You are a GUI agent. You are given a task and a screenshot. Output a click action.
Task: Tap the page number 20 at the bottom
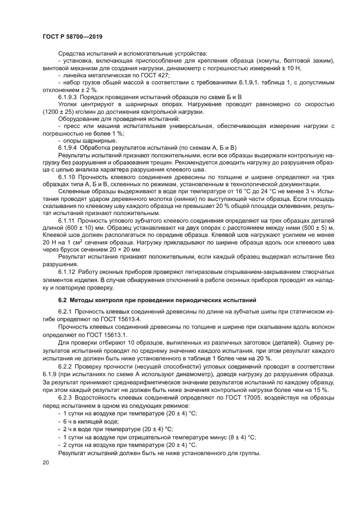pyautogui.click(x=45, y=462)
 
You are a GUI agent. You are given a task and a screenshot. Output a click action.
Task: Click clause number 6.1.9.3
pyautogui.click(x=69, y=96)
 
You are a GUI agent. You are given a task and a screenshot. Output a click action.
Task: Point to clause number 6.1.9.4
pyautogui.click(x=69, y=148)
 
